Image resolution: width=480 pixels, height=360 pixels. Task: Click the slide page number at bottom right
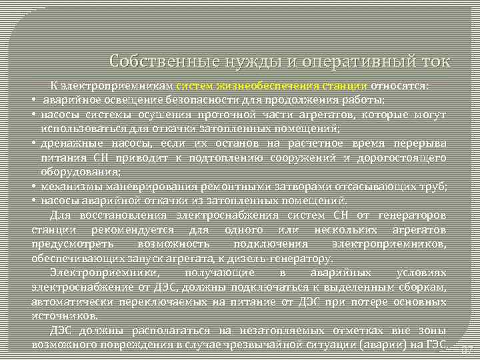tap(465, 348)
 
